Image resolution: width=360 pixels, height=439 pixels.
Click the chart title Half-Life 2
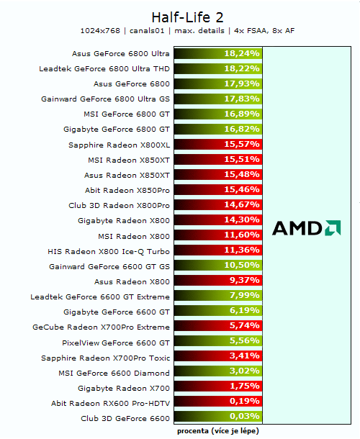(x=180, y=17)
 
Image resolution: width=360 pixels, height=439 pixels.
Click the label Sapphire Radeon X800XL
(x=120, y=145)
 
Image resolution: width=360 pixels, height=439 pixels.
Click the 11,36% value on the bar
(x=242, y=251)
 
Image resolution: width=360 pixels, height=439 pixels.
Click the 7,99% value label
(x=243, y=297)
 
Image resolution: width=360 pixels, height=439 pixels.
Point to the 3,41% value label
(x=243, y=358)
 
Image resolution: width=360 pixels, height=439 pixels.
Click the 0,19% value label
(x=243, y=403)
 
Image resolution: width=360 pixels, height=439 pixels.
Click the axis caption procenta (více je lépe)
(x=218, y=431)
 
